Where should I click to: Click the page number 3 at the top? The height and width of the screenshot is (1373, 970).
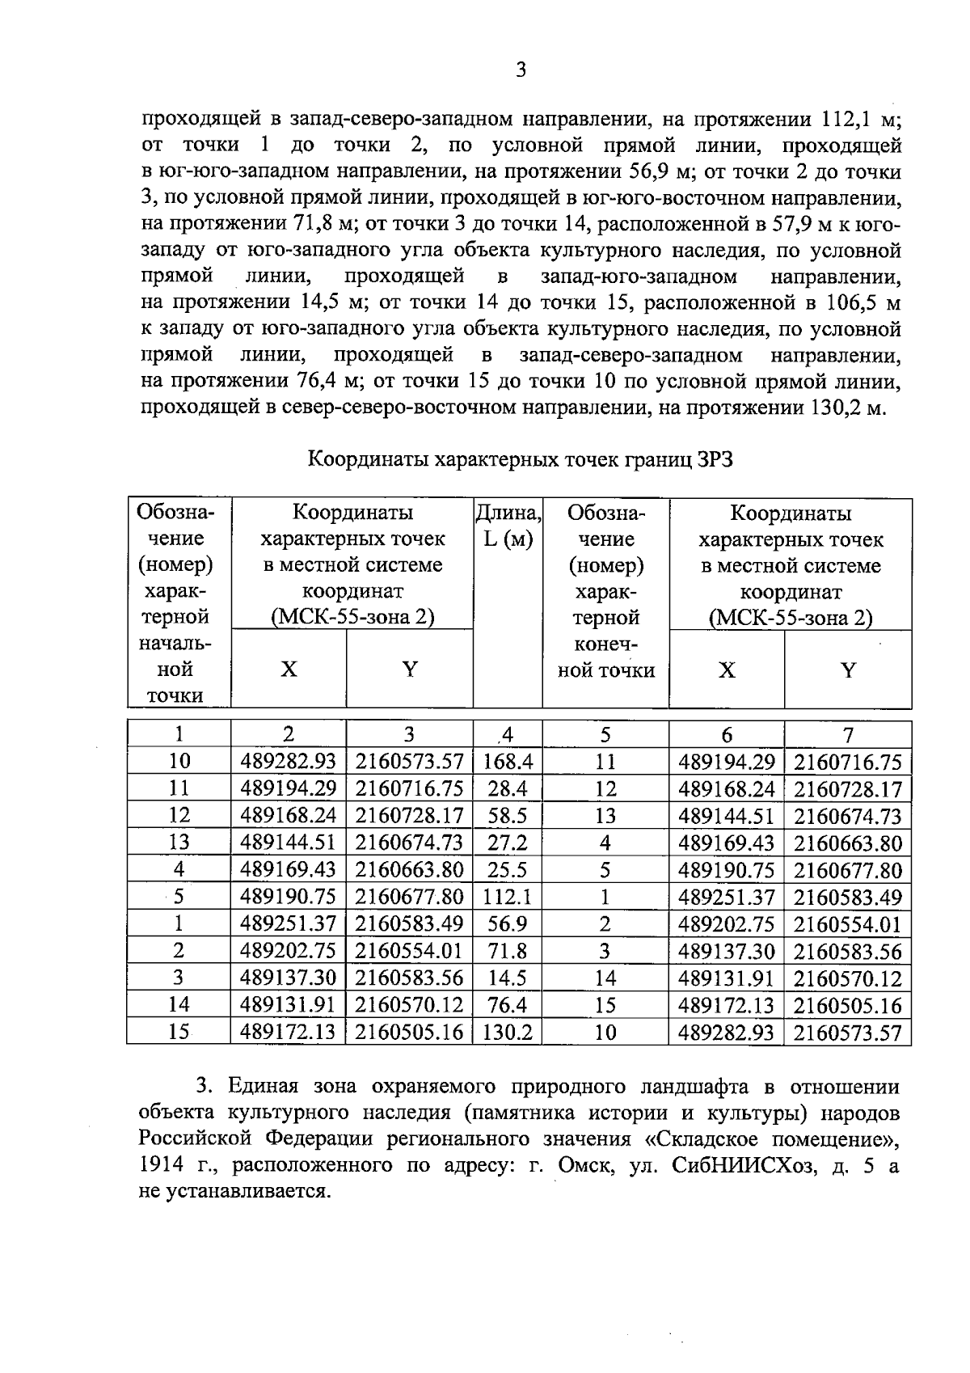(521, 70)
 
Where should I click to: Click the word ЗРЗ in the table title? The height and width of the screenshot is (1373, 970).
(714, 460)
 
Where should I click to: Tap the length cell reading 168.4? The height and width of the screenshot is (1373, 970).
(508, 762)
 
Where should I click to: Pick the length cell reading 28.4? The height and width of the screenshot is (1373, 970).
(508, 788)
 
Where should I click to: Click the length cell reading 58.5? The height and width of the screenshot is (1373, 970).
(508, 816)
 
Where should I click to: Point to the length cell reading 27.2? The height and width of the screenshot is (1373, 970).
(508, 843)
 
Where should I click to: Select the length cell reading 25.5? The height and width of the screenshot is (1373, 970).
(508, 870)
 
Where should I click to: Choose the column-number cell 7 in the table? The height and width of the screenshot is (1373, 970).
(848, 735)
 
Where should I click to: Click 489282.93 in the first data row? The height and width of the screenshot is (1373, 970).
(288, 762)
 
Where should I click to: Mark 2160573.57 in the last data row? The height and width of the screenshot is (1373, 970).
(847, 1033)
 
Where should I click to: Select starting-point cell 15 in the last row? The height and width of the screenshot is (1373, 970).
(179, 1033)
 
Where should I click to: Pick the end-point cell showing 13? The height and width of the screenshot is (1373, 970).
(605, 816)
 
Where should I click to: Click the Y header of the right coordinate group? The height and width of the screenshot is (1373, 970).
(848, 670)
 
